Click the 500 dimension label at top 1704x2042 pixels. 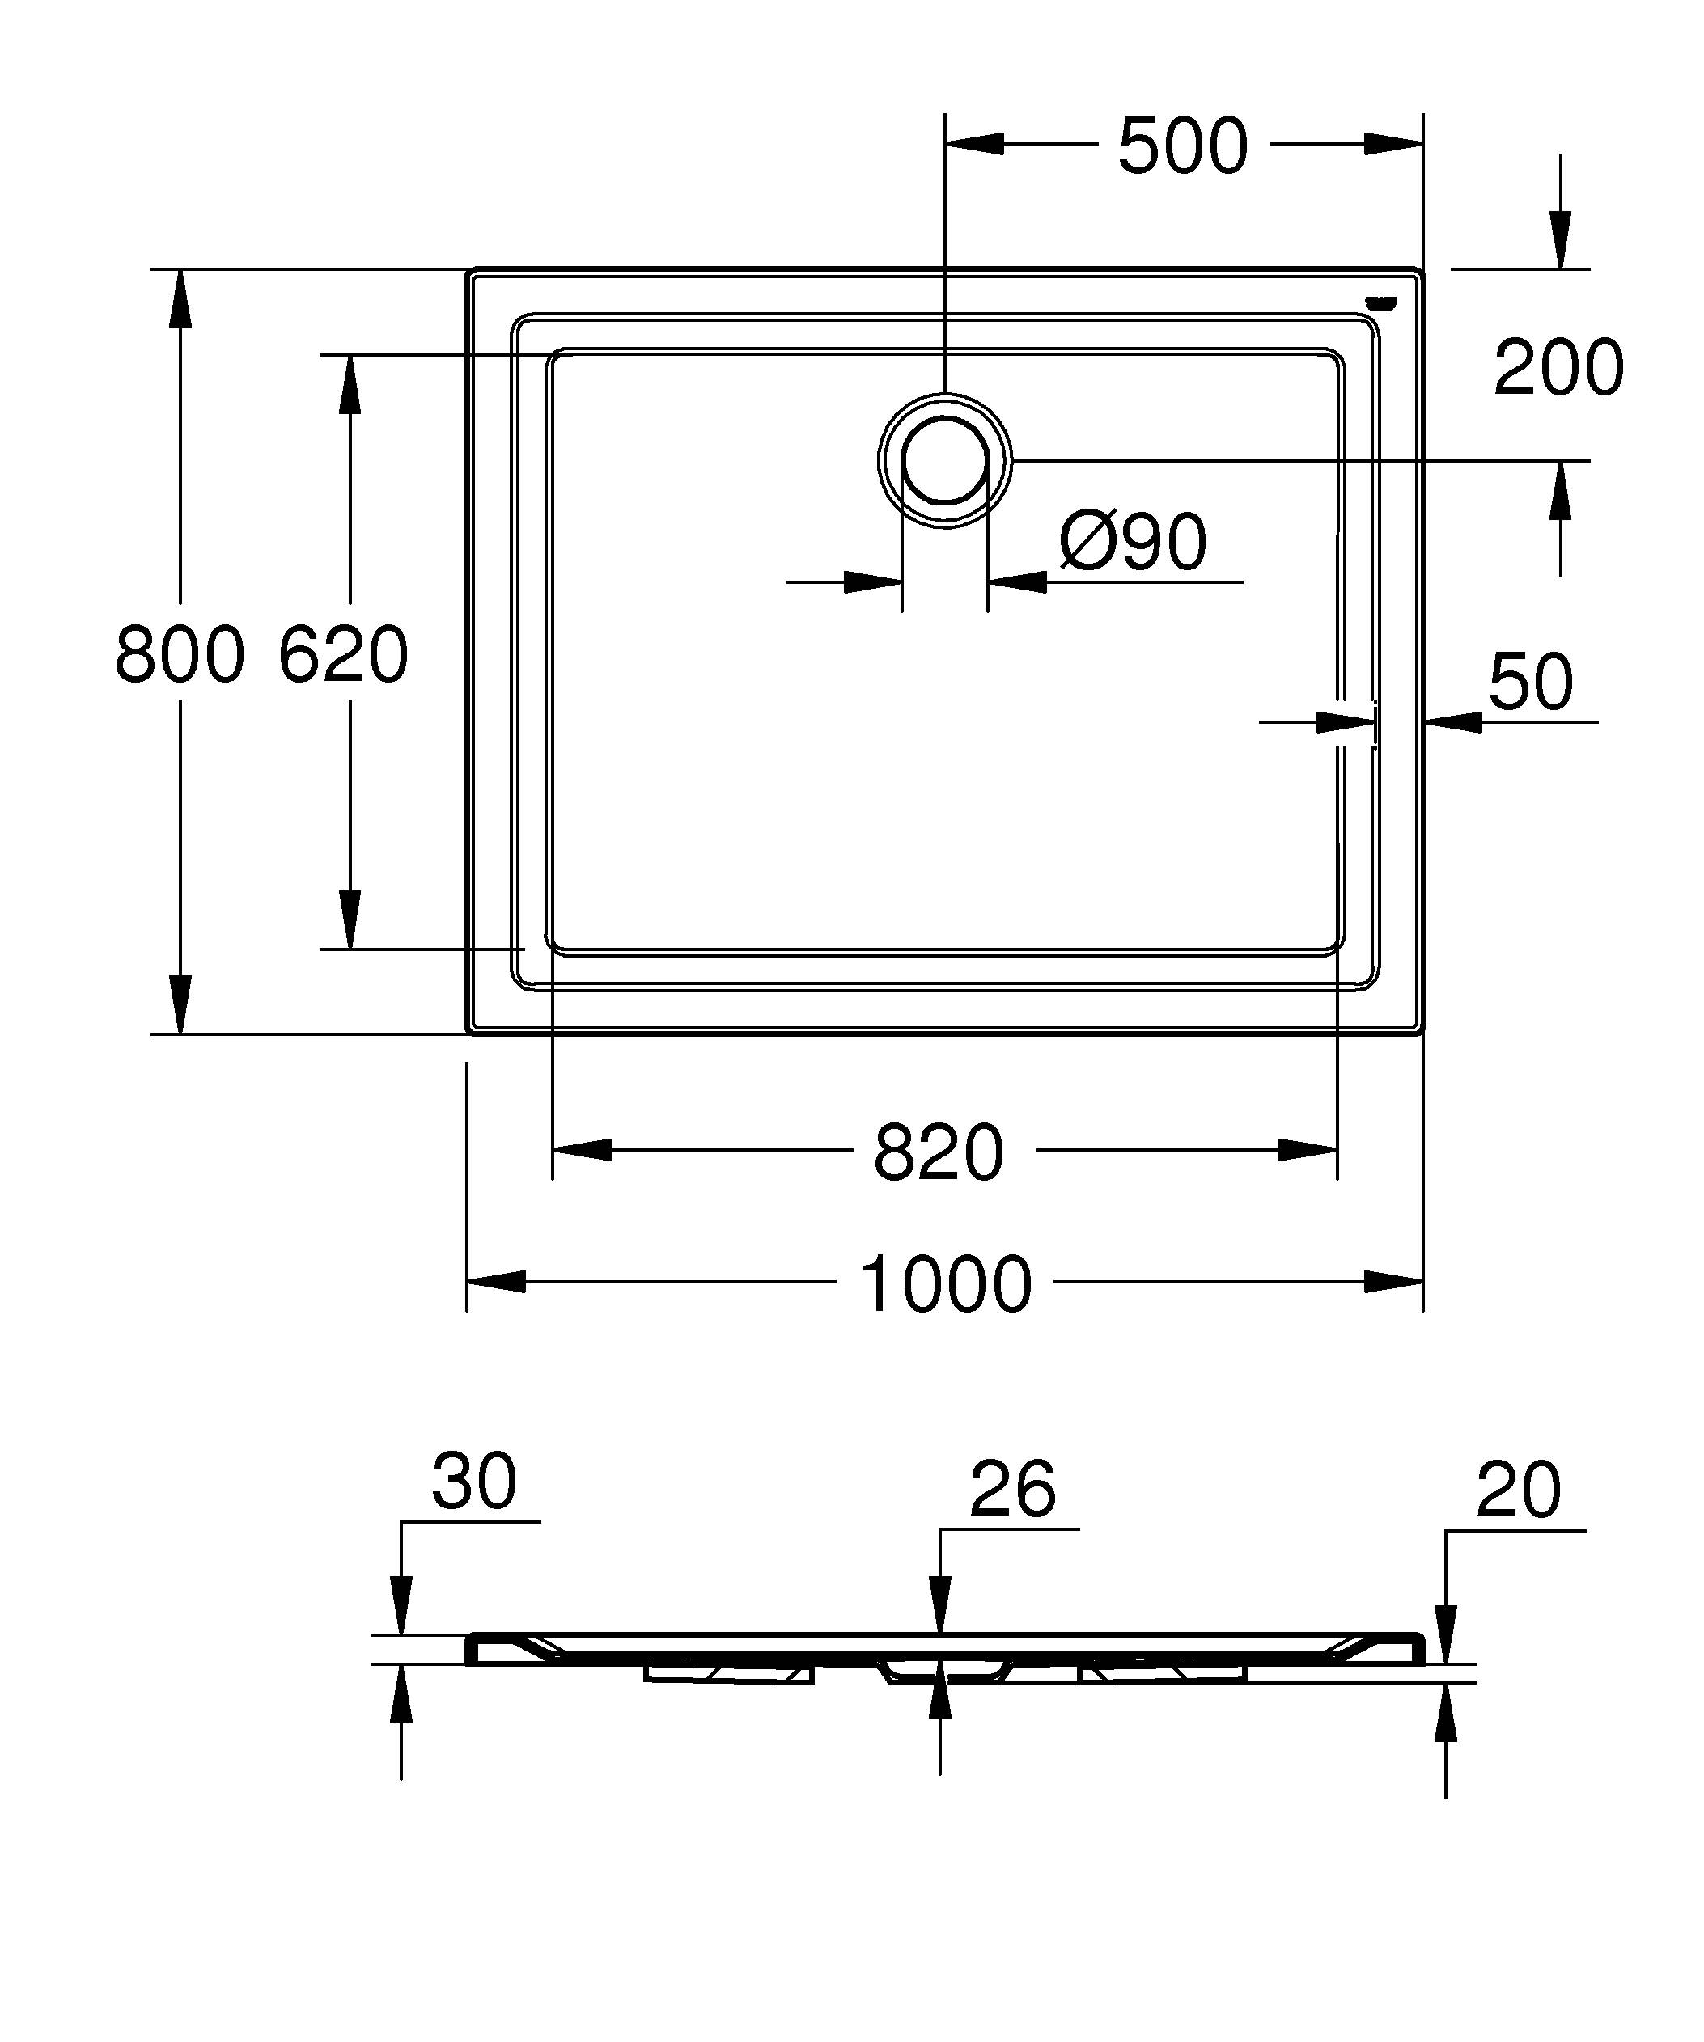(1181, 147)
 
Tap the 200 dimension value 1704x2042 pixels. (1558, 367)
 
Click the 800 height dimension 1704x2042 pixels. (179, 654)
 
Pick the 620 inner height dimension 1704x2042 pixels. (342, 654)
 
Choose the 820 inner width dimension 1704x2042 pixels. (938, 1153)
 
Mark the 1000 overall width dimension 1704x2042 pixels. (945, 1284)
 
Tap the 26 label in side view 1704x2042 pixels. (1012, 1489)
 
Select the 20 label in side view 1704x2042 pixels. (1518, 1490)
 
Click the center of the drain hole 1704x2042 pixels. (945, 460)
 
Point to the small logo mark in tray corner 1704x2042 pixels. (1380, 302)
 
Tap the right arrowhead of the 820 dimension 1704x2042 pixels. (1309, 1150)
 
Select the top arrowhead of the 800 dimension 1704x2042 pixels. (179, 297)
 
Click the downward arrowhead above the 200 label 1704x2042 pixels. (1560, 239)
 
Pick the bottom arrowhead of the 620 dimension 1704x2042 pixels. (350, 919)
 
